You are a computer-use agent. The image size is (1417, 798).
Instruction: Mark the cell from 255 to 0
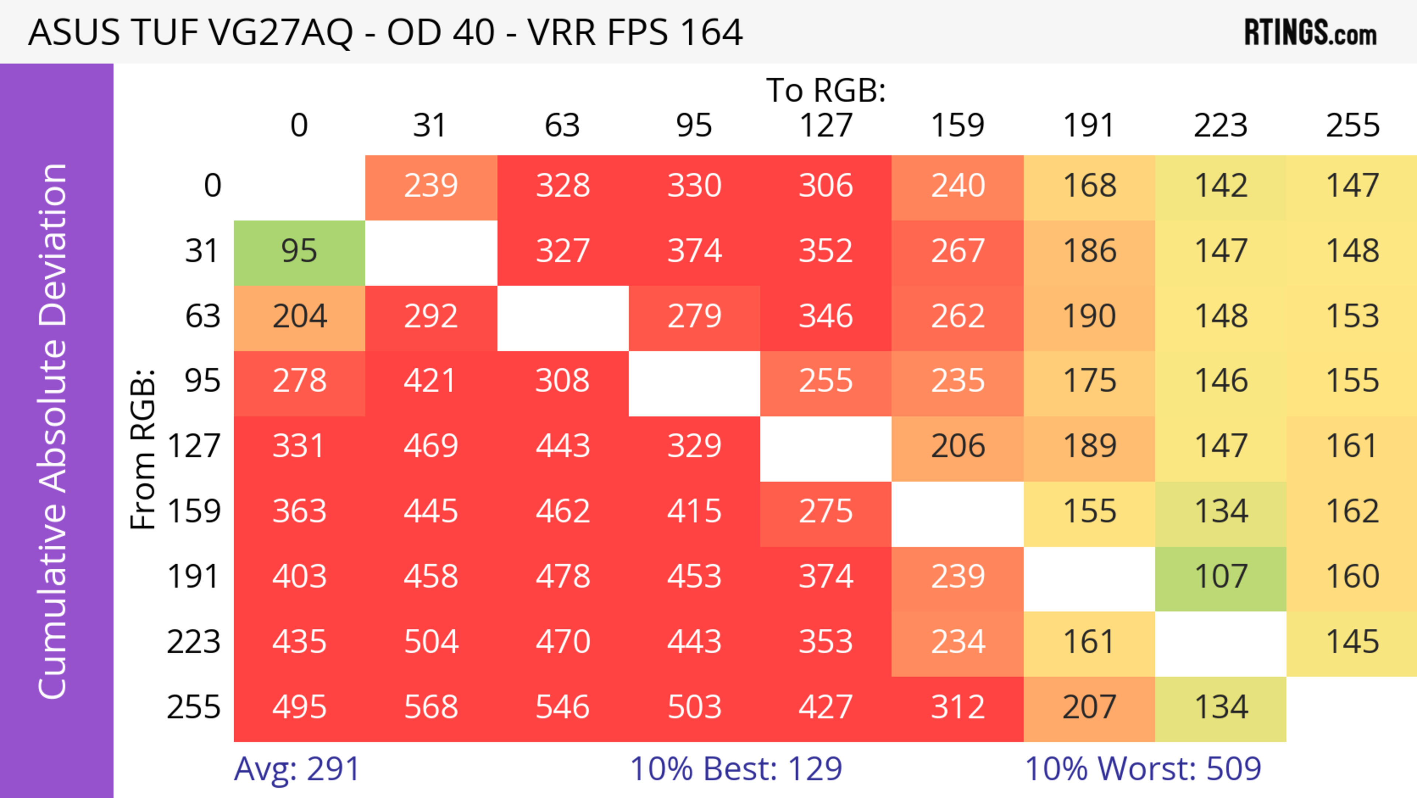click(299, 708)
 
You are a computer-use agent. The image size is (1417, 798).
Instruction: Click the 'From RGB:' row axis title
click(143, 449)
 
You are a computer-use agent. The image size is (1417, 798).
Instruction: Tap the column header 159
click(957, 126)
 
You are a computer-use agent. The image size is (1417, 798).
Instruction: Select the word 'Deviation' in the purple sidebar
click(54, 245)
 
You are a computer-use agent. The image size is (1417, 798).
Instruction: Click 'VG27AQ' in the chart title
click(280, 32)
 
